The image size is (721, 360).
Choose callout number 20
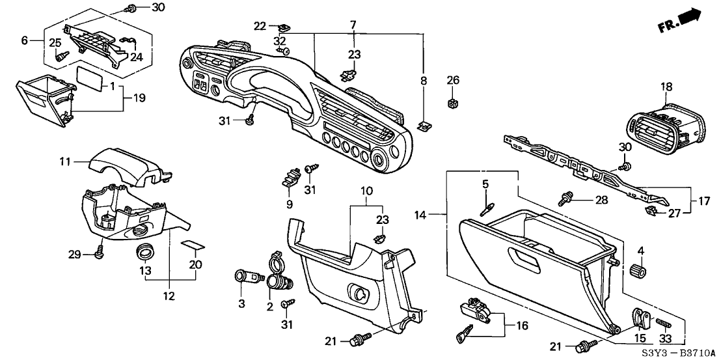point(195,264)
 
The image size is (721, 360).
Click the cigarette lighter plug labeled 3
point(245,275)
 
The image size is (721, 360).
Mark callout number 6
point(25,40)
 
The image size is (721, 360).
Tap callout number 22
point(260,26)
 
